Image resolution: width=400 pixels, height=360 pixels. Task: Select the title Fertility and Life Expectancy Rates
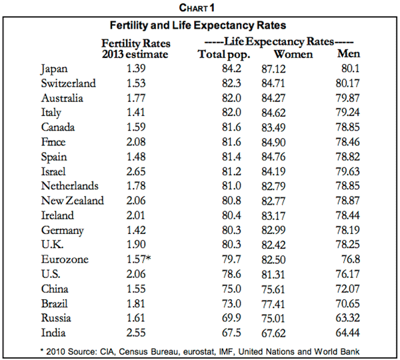coord(197,25)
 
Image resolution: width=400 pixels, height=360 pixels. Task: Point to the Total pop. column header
coord(226,54)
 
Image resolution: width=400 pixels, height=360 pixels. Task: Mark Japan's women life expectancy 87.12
coord(293,69)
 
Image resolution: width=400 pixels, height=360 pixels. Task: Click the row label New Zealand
coord(73,201)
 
